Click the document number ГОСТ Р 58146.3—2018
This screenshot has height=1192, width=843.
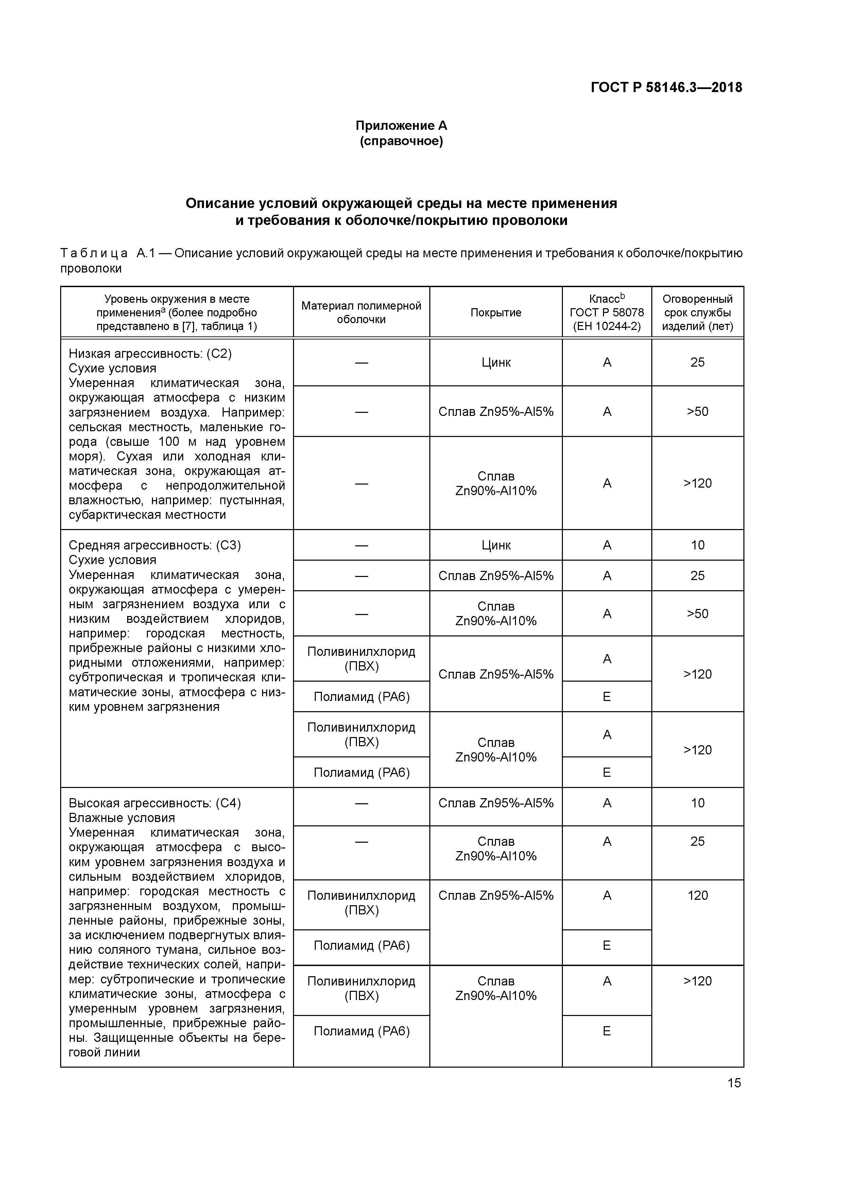point(666,88)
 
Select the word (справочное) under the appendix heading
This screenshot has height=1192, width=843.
point(401,141)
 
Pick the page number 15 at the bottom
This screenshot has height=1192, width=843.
point(734,1083)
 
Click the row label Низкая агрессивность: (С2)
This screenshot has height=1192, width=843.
point(150,353)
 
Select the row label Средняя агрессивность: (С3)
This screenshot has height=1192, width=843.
point(155,545)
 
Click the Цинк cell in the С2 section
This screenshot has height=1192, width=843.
point(496,362)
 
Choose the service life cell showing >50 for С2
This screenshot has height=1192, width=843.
point(697,412)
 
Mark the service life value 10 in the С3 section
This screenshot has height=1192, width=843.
point(697,545)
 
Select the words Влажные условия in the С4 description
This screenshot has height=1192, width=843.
point(122,818)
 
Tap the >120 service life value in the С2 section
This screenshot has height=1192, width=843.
point(697,483)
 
